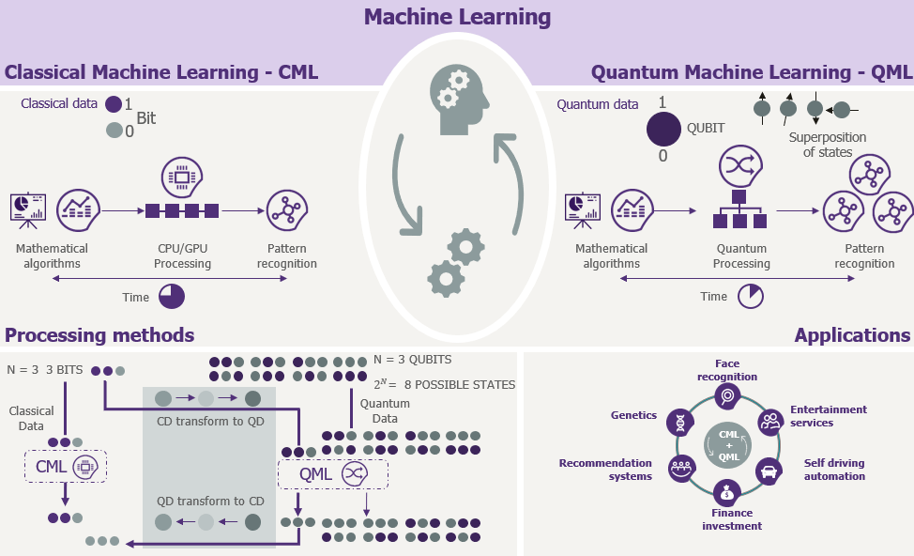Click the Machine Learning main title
457,17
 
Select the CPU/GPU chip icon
182,177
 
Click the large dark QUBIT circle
663,130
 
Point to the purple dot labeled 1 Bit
114,104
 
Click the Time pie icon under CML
172,297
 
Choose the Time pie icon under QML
750,297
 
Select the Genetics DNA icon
678,422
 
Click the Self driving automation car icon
769,470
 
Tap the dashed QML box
333,474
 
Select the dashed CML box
65,465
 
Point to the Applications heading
852,335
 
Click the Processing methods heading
99,335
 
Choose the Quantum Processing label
741,256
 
